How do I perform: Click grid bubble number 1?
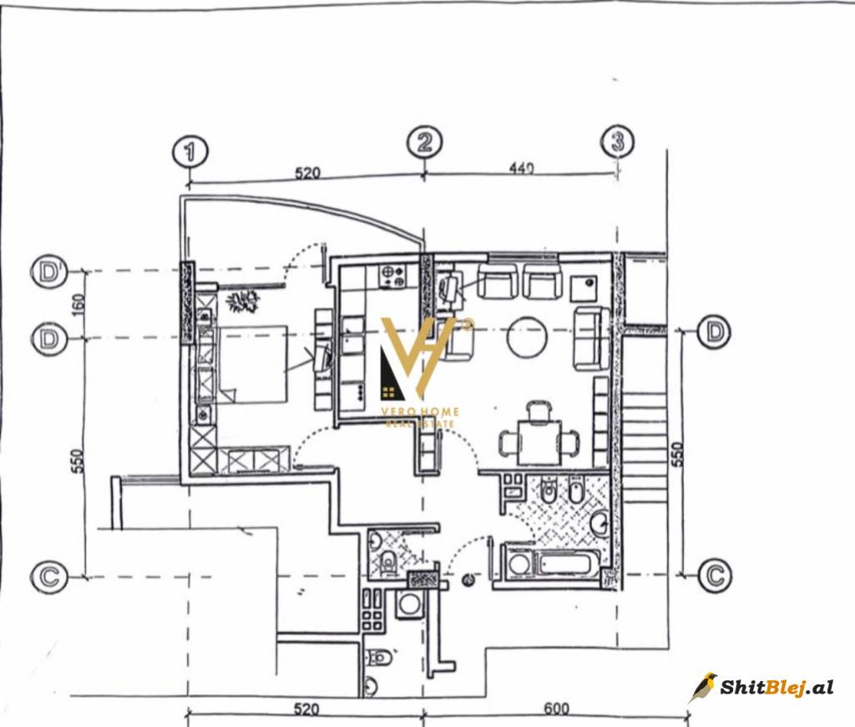click(190, 152)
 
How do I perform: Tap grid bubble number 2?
click(425, 142)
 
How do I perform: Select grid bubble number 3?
click(617, 141)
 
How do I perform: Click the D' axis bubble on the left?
click(49, 272)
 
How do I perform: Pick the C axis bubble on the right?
click(716, 575)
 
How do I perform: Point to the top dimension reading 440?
click(521, 168)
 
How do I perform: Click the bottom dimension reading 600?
click(556, 709)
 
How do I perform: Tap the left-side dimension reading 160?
click(78, 304)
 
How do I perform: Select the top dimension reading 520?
click(307, 174)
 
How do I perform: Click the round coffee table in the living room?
click(527, 337)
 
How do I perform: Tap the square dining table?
click(539, 442)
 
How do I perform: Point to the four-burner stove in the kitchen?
click(392, 276)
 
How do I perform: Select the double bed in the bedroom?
click(252, 364)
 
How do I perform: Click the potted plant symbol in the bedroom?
click(243, 301)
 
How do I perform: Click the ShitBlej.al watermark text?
click(777, 687)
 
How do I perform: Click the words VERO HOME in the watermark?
click(420, 411)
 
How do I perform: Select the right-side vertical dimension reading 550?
click(676, 454)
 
